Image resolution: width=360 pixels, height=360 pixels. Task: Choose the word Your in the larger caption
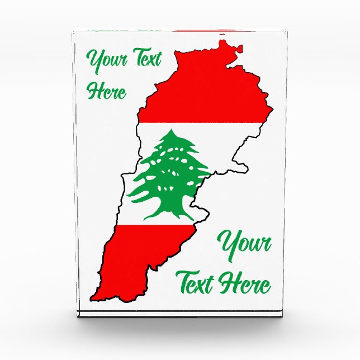tap(245, 245)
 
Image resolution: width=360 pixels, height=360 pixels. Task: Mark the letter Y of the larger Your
tap(229, 244)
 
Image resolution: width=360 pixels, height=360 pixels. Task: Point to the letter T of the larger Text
tap(185, 280)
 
